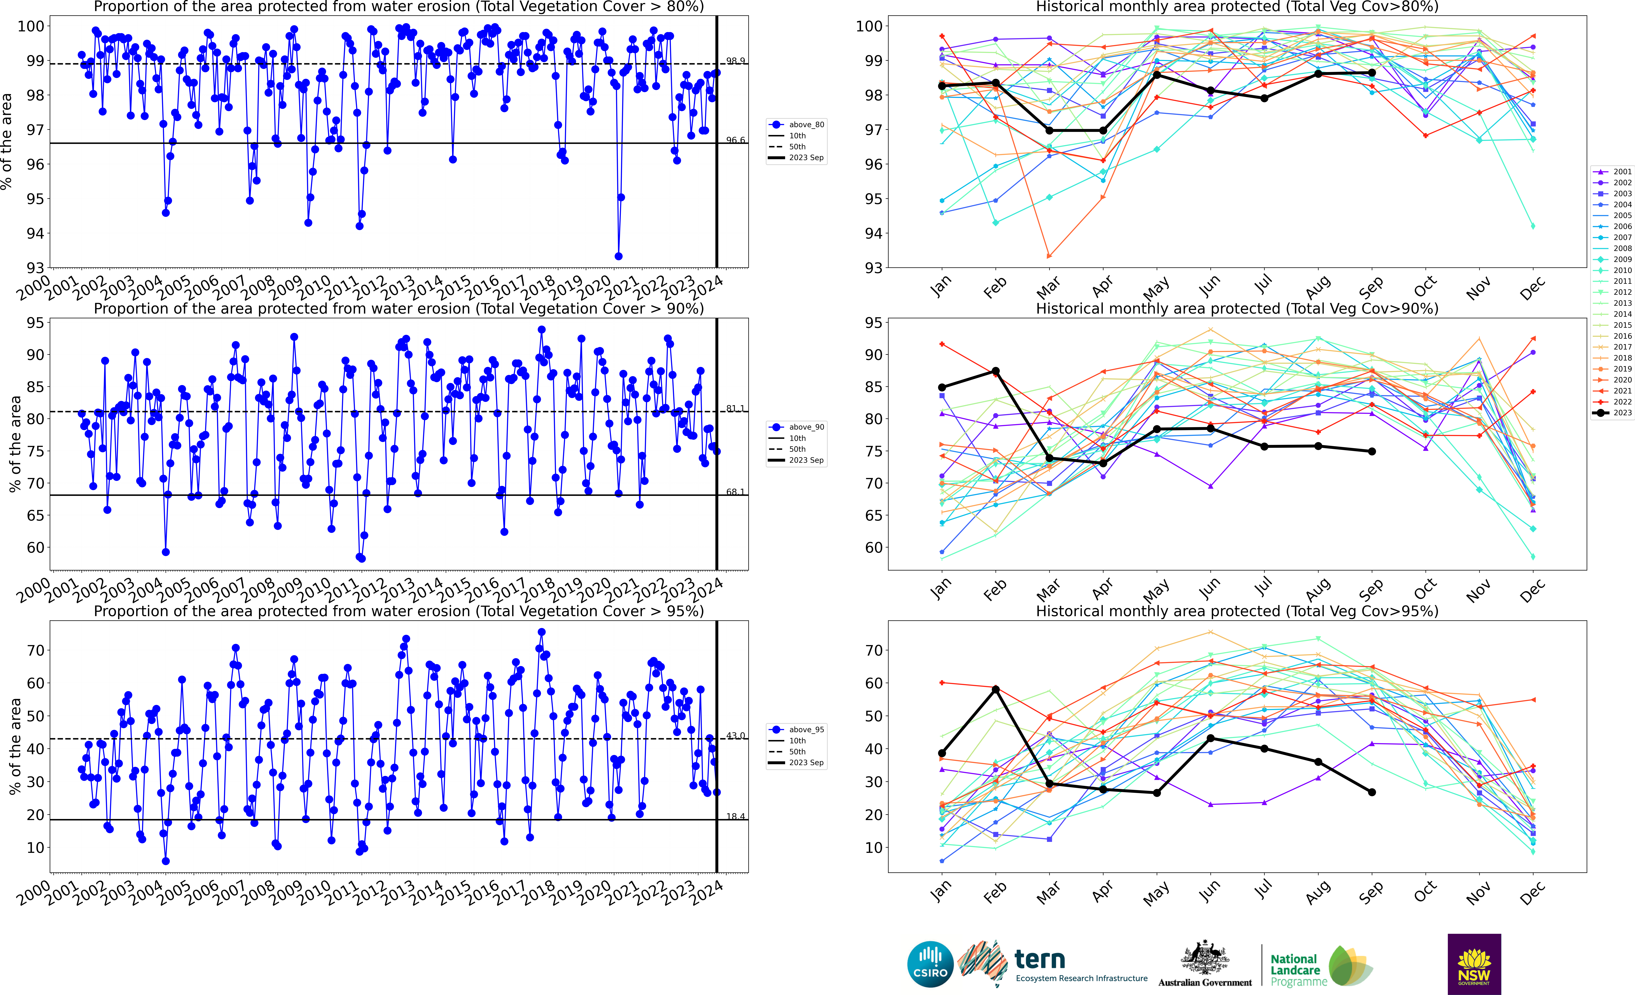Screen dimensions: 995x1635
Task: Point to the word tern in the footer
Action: point(1040,959)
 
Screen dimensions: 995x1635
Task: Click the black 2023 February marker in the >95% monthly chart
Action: point(995,690)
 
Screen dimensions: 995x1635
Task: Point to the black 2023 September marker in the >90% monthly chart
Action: point(1372,452)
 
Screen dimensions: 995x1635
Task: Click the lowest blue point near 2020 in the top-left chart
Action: point(618,256)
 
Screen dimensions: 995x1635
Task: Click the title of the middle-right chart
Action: point(1237,309)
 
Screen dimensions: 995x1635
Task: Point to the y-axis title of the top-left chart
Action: point(7,141)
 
